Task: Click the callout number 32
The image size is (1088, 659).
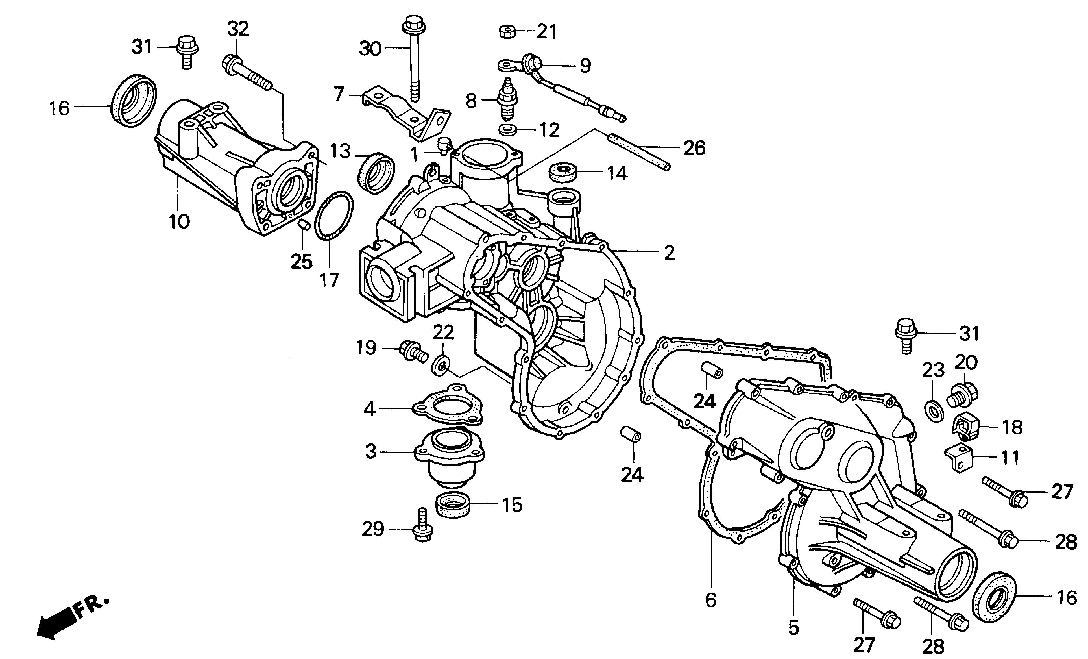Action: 238,29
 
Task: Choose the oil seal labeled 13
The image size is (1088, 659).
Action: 376,172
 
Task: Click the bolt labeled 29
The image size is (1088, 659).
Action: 422,528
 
